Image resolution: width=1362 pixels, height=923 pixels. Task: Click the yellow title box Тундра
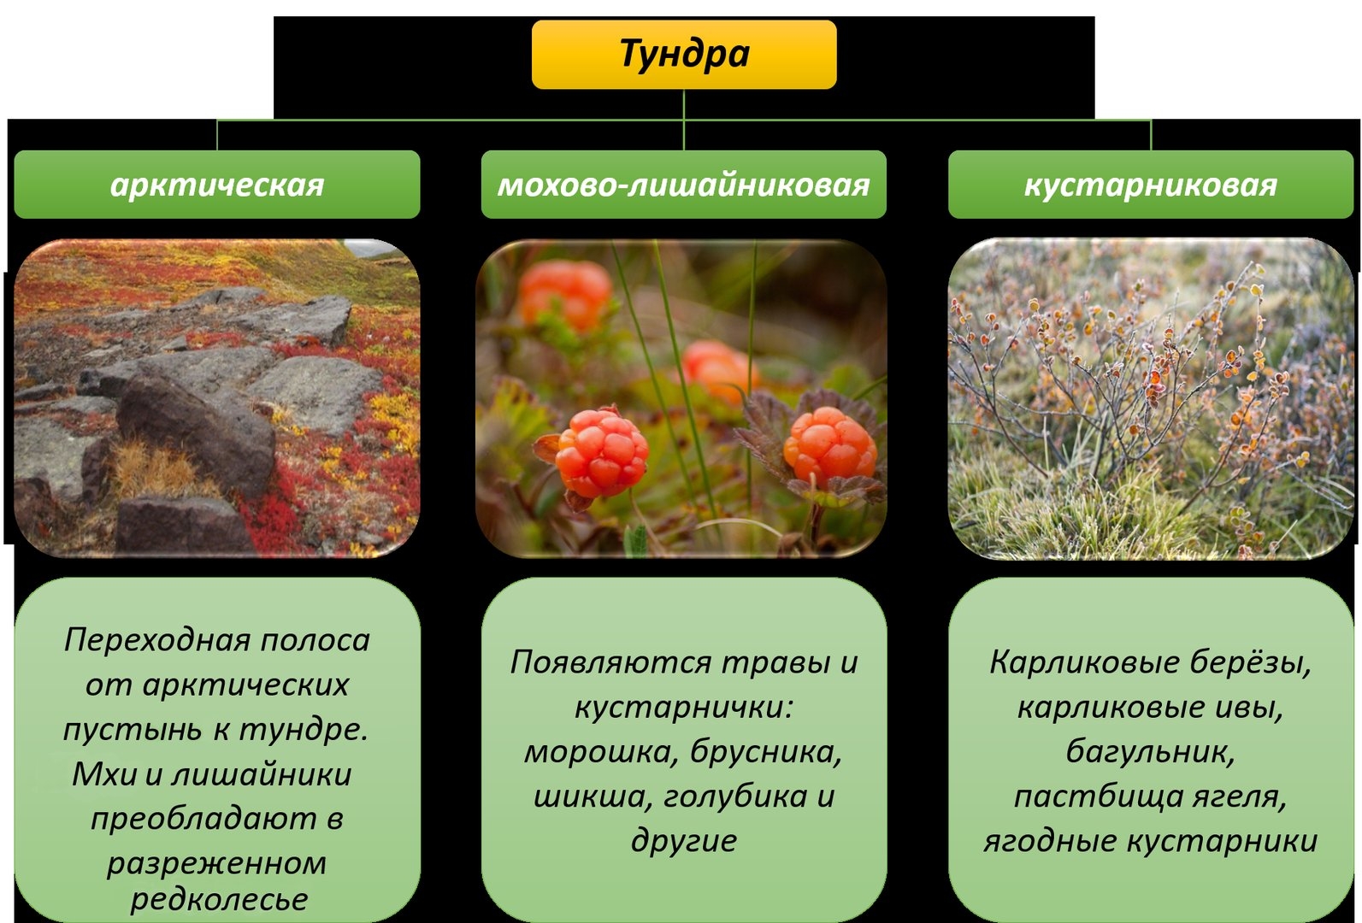click(x=684, y=55)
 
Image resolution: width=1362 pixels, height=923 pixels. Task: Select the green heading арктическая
click(x=217, y=185)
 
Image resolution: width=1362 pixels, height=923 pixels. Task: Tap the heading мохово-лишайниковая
click(x=684, y=185)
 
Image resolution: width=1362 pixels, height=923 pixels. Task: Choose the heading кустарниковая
click(x=1151, y=185)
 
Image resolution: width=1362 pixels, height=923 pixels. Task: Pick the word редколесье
click(x=220, y=899)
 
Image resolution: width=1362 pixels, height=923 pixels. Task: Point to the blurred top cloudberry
click(x=565, y=295)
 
